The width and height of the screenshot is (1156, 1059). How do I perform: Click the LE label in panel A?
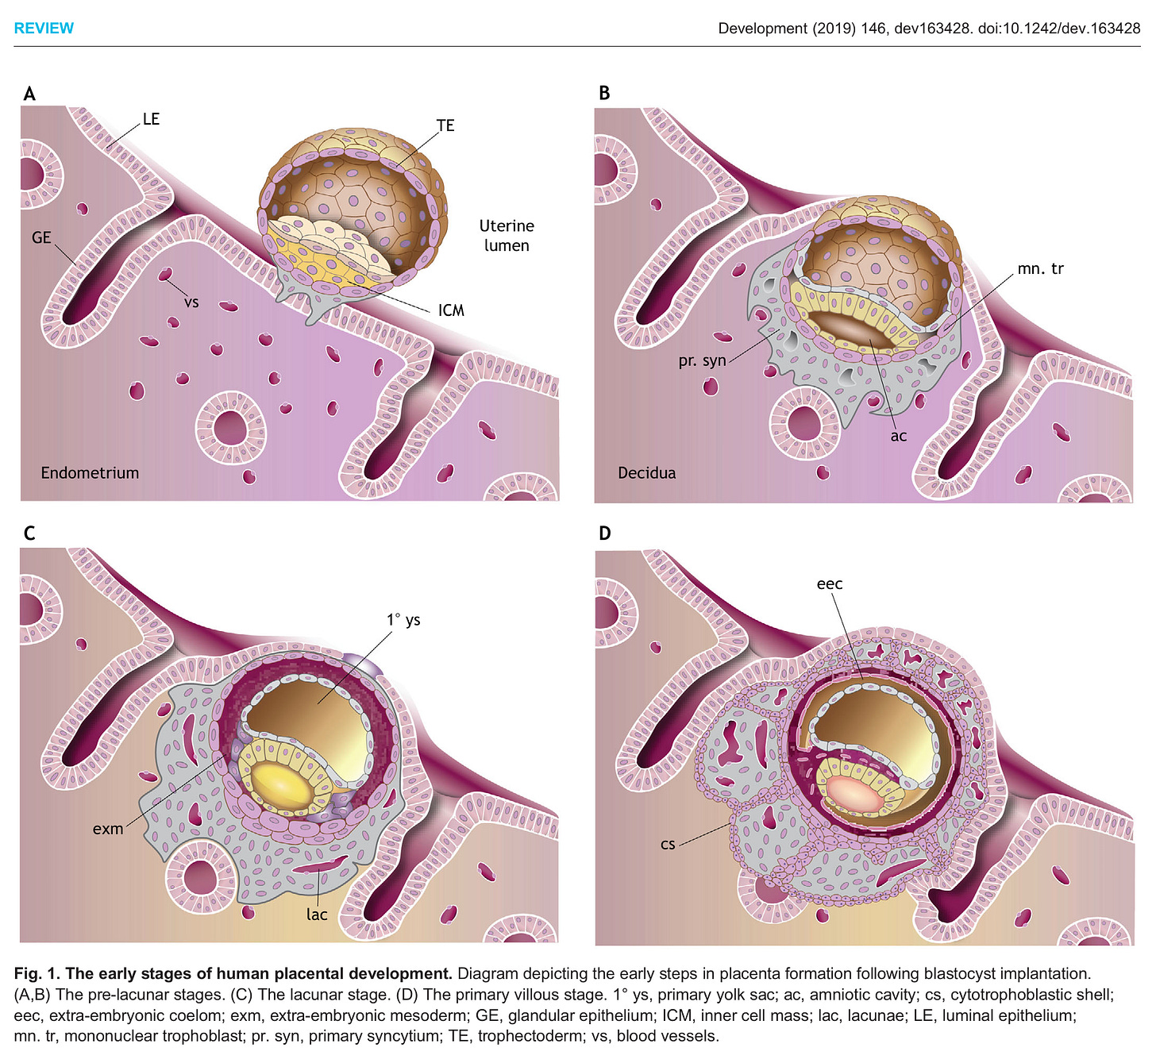click(151, 119)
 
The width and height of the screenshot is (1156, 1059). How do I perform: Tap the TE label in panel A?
click(445, 125)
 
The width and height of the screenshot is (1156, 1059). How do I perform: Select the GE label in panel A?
click(41, 237)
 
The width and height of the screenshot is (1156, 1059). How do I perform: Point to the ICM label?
click(451, 310)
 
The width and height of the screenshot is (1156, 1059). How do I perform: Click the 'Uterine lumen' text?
click(507, 236)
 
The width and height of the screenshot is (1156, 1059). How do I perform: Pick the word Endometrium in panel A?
click(90, 473)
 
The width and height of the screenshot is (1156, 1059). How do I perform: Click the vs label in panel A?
click(191, 302)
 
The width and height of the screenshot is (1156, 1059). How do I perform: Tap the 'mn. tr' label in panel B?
click(1040, 268)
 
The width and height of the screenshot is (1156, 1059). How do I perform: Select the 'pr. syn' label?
click(702, 360)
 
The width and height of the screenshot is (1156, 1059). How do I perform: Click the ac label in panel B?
click(898, 436)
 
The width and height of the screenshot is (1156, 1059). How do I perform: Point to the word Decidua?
click(647, 473)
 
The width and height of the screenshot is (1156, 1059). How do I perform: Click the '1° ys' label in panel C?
click(403, 620)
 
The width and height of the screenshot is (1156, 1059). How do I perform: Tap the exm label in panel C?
click(108, 829)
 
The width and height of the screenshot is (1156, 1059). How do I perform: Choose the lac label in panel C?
click(317, 915)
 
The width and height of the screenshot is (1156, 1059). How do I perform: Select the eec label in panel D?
click(830, 584)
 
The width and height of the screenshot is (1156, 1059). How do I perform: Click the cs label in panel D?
click(668, 844)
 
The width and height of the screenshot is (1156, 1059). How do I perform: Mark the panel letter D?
click(605, 533)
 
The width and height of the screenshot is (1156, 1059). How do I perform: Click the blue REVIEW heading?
click(44, 29)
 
